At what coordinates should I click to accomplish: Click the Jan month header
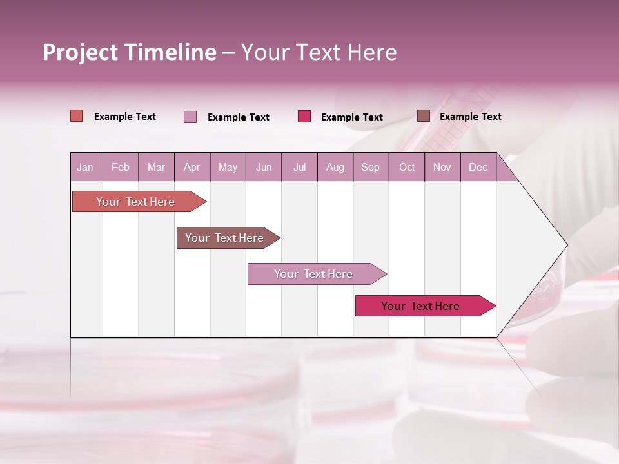(x=85, y=168)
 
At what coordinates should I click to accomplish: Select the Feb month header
(x=121, y=168)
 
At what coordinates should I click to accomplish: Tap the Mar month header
(x=156, y=168)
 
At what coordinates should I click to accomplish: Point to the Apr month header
(x=192, y=168)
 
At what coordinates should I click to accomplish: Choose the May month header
(x=228, y=168)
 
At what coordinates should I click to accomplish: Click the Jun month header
(x=264, y=168)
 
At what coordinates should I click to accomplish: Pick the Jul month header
(x=299, y=168)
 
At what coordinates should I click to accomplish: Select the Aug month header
(x=335, y=168)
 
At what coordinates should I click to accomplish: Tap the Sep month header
(x=370, y=168)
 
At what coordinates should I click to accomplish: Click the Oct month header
(x=407, y=168)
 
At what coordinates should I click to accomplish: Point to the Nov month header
(x=442, y=168)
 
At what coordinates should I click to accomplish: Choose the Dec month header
(x=478, y=168)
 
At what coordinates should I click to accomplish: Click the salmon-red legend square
(x=77, y=116)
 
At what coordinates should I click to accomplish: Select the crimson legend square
(x=304, y=117)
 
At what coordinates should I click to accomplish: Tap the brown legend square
(x=424, y=116)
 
